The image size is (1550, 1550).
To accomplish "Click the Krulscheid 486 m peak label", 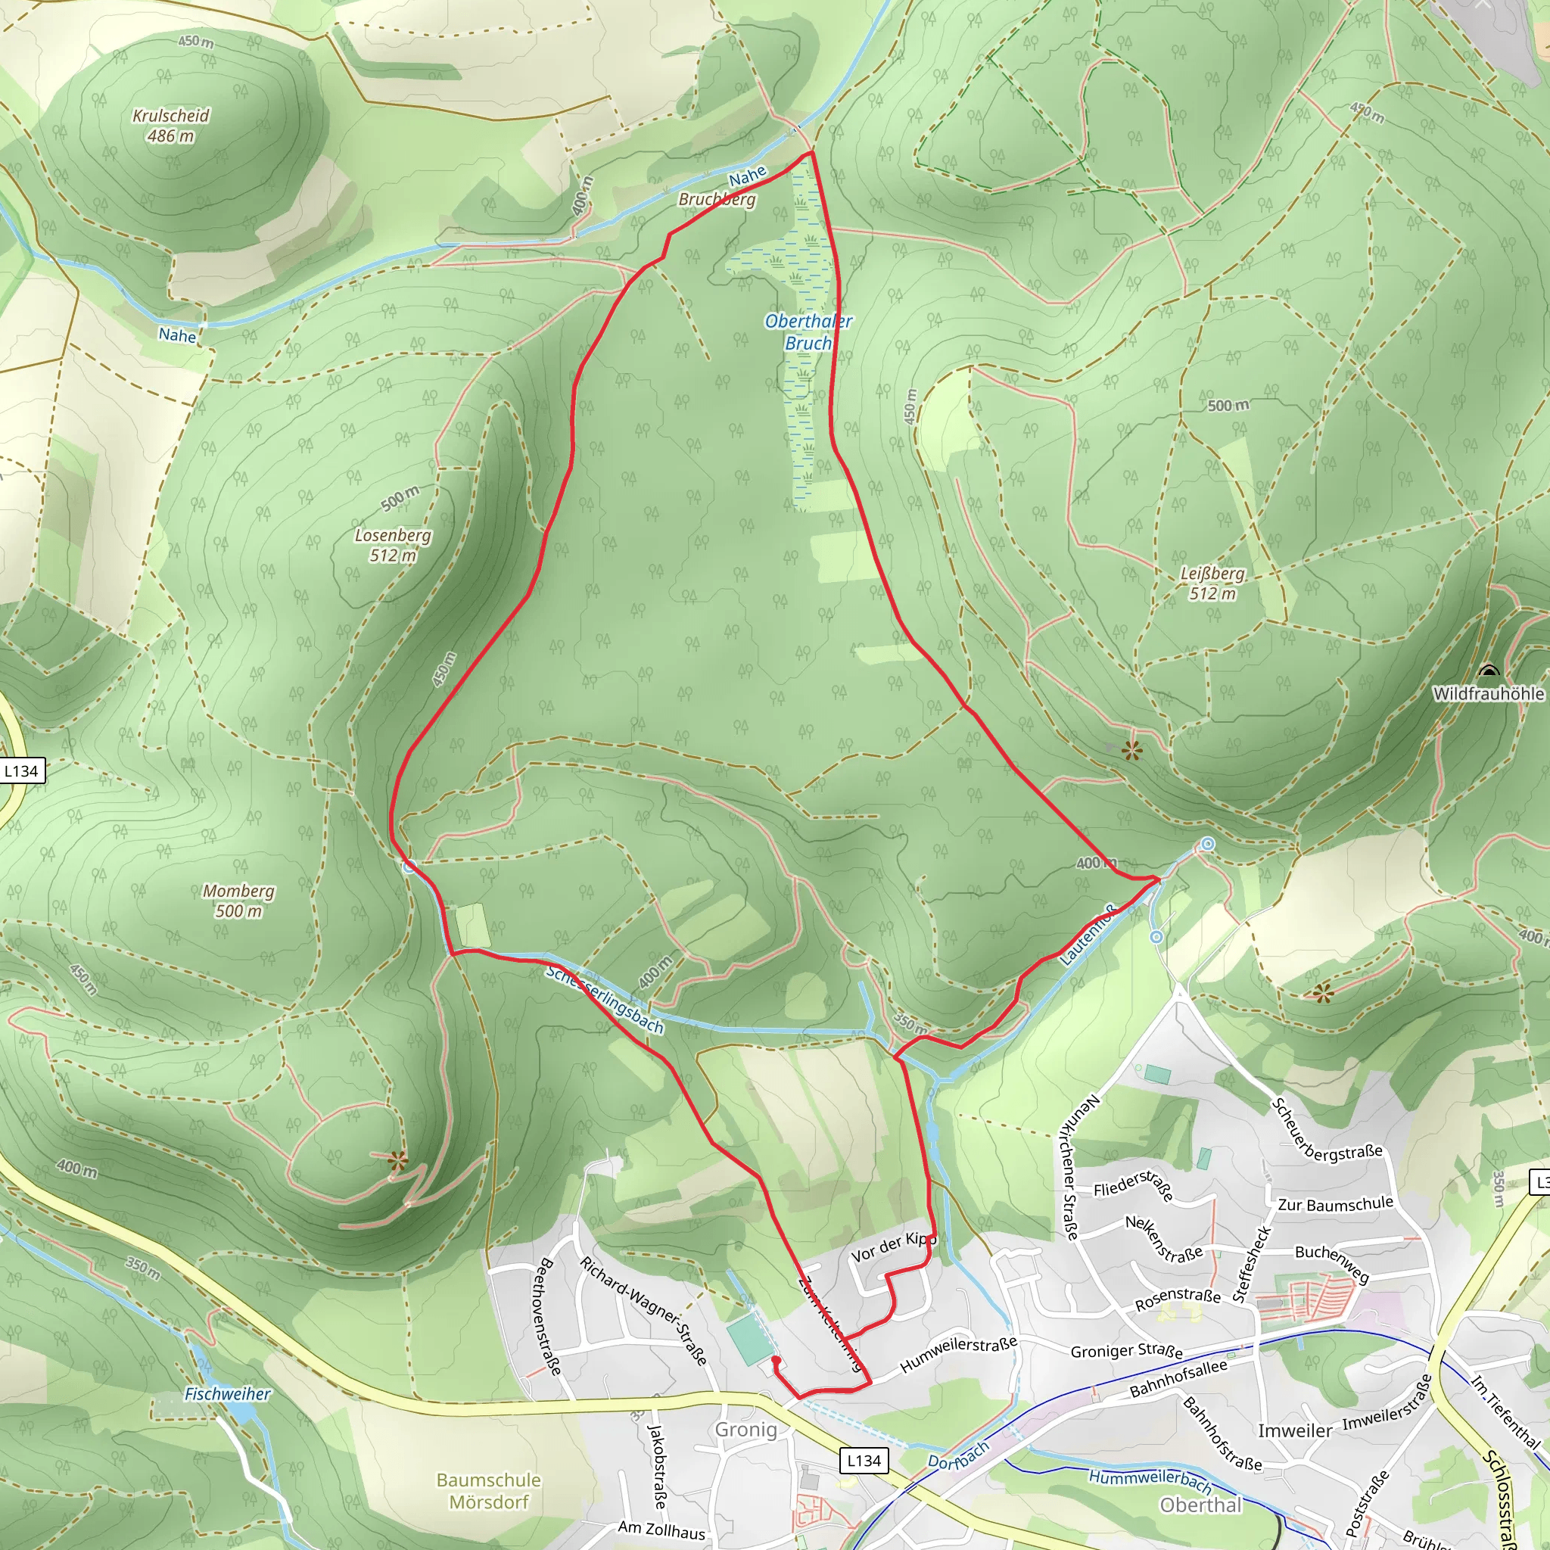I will [x=171, y=126].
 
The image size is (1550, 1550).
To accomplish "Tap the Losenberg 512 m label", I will [x=393, y=545].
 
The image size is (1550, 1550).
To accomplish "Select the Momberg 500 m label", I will [x=238, y=900].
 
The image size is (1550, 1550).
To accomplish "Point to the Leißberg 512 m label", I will [x=1212, y=584].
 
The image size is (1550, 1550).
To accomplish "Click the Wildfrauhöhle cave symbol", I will [x=1489, y=671].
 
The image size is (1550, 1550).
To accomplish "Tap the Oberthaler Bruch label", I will [x=808, y=331].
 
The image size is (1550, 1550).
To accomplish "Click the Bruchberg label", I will [x=717, y=198].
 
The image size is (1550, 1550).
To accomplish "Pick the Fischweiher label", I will [x=228, y=1393].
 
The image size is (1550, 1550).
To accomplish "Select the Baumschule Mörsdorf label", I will [x=489, y=1489].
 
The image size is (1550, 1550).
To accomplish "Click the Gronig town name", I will [x=746, y=1429].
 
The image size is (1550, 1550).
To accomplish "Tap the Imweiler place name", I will [x=1295, y=1430].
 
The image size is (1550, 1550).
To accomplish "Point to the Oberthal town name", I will [x=1200, y=1505].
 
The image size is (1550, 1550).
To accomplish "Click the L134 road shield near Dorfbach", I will [x=864, y=1460].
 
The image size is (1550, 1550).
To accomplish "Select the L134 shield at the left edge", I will [x=22, y=771].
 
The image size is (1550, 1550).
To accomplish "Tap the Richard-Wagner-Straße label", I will [x=643, y=1311].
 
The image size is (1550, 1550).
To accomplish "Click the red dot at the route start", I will [x=776, y=1360].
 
